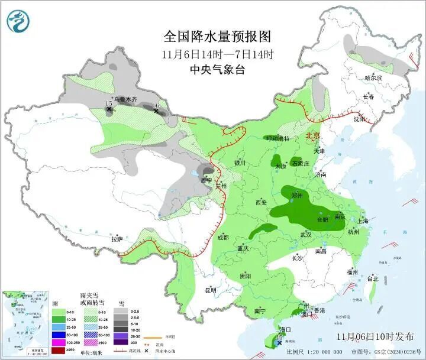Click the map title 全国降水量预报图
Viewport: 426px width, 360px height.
click(217, 37)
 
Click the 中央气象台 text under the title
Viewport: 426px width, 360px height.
click(217, 70)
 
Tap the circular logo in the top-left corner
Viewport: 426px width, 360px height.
click(18, 21)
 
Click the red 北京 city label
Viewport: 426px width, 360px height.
click(313, 136)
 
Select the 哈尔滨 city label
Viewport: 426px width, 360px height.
click(373, 77)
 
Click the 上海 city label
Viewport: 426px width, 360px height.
click(362, 221)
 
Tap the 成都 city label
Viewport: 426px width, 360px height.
click(222, 238)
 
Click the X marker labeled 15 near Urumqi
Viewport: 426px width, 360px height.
click(109, 109)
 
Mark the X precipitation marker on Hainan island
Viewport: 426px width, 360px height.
click(279, 342)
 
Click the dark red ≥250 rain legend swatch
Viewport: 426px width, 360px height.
click(59, 350)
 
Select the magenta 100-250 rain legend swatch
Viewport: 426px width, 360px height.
click(59, 342)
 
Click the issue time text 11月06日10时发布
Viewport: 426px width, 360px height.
click(375, 336)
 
